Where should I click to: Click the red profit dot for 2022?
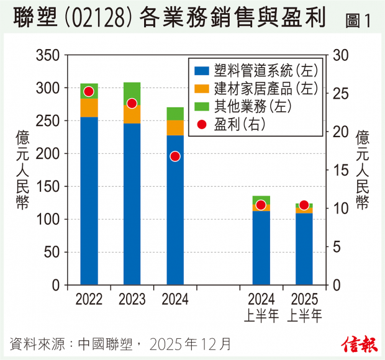88,91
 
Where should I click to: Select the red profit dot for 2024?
175,156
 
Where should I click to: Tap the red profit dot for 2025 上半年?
304,205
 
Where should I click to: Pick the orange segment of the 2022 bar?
89,108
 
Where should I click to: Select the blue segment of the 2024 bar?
175,211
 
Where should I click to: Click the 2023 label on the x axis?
132,300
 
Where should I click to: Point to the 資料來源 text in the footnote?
37,343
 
